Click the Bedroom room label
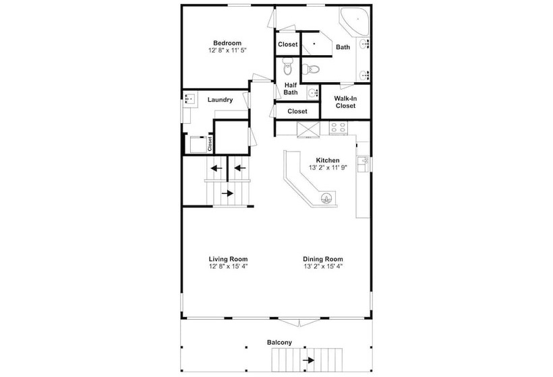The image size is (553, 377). (227, 43)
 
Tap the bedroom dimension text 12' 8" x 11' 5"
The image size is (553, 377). (227, 50)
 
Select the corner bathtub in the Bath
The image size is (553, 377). (355, 21)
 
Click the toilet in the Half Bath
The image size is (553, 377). (288, 67)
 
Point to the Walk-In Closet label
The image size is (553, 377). (345, 102)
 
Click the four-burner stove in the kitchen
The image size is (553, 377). (339, 128)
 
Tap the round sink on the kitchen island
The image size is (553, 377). (326, 199)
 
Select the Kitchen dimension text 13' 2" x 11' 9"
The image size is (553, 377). (328, 168)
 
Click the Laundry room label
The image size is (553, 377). (220, 100)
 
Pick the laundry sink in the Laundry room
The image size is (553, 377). (190, 99)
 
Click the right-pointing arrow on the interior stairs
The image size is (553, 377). (227, 193)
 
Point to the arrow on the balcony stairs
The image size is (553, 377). (309, 360)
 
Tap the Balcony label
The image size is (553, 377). (279, 343)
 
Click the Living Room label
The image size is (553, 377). (228, 259)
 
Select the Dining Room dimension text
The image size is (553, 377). (323, 267)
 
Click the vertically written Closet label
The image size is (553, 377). (210, 144)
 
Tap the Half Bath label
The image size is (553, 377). (291, 89)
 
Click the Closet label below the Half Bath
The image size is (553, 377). (297, 111)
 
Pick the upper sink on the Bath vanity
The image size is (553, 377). (364, 44)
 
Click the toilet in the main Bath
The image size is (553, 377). (310, 69)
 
